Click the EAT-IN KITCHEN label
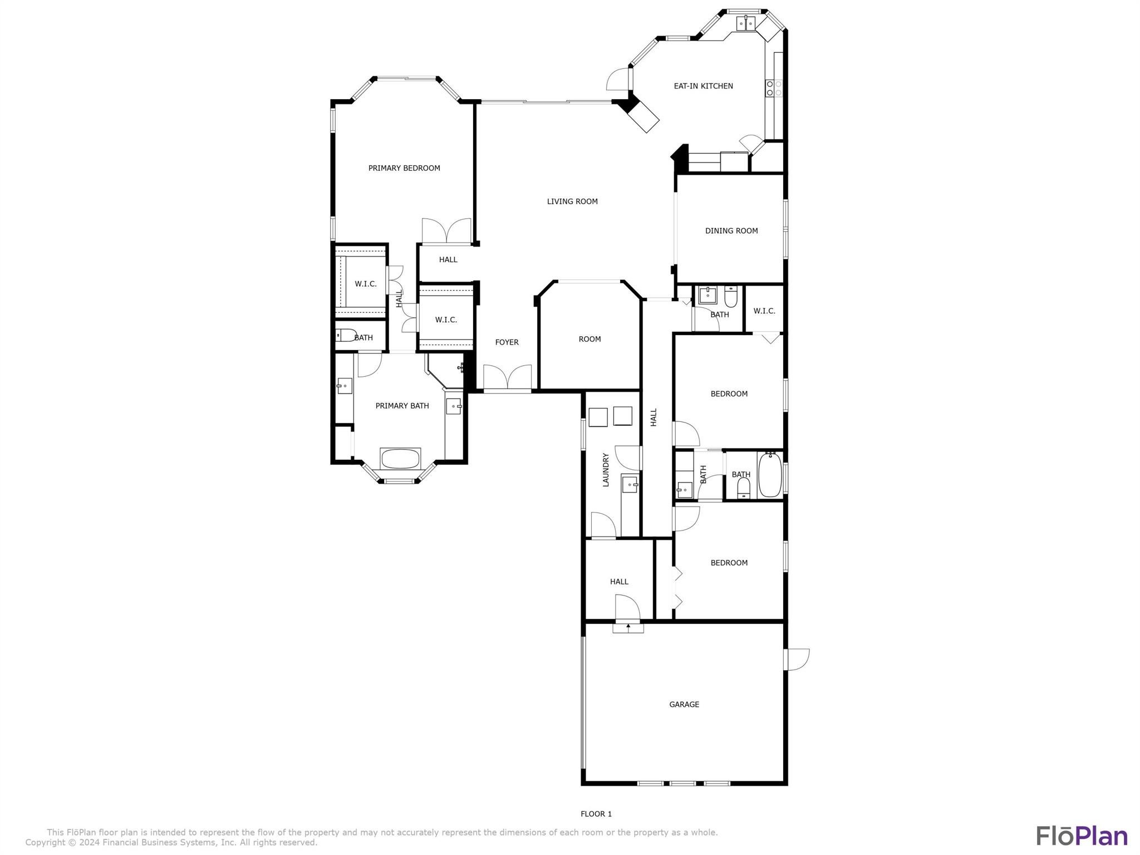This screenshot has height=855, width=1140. pyautogui.click(x=703, y=86)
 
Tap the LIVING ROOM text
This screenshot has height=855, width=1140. pyautogui.click(x=572, y=202)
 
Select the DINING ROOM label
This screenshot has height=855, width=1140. pyautogui.click(x=731, y=231)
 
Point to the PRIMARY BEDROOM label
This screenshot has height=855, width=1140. pyautogui.click(x=404, y=168)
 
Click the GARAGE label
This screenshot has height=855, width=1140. pyautogui.click(x=684, y=705)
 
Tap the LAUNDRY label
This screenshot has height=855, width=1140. pyautogui.click(x=606, y=470)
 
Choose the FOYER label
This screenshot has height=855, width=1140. pyautogui.click(x=507, y=342)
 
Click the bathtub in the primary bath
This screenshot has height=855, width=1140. pyautogui.click(x=400, y=459)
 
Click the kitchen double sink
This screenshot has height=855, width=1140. pyautogui.click(x=746, y=23)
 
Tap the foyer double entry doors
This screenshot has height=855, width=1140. pyautogui.click(x=507, y=378)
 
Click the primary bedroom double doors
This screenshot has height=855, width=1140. pyautogui.click(x=446, y=231)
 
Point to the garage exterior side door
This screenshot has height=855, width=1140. pyautogui.click(x=797, y=660)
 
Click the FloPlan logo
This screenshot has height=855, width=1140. pyautogui.click(x=1082, y=836)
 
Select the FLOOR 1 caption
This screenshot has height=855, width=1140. pyautogui.click(x=596, y=814)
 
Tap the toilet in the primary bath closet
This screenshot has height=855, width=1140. pyautogui.click(x=346, y=335)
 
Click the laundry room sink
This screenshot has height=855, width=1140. pyautogui.click(x=630, y=484)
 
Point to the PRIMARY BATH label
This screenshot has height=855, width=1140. pyautogui.click(x=402, y=406)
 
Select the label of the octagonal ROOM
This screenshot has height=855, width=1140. pyautogui.click(x=589, y=339)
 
